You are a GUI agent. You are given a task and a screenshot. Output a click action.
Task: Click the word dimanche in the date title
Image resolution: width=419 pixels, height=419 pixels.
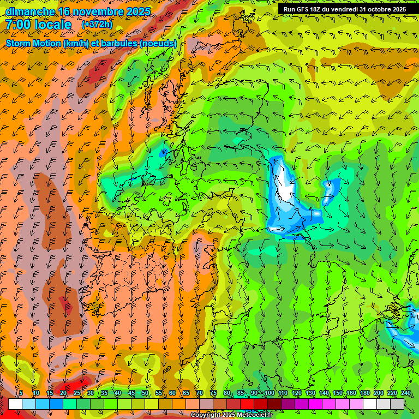[x=29, y=11]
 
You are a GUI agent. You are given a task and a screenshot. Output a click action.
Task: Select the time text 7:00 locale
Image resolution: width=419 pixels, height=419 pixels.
[x=38, y=25]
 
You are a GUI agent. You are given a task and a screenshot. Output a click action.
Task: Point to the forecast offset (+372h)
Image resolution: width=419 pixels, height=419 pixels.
[x=97, y=25]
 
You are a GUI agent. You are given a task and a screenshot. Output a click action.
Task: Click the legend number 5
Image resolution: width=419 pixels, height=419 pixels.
[x=21, y=393]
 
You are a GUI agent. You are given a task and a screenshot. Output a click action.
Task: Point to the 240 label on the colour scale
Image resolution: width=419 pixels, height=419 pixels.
[x=406, y=393]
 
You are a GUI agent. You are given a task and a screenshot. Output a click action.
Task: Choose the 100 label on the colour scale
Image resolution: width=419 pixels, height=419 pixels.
[x=269, y=393]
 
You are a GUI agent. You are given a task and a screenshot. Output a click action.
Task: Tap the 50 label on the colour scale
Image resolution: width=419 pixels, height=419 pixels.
[x=145, y=393]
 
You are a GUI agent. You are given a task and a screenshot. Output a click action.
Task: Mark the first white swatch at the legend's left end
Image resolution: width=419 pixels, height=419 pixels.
[x=15, y=404]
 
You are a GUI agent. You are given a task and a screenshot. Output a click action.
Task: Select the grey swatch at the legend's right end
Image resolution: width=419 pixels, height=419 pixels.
[x=397, y=404]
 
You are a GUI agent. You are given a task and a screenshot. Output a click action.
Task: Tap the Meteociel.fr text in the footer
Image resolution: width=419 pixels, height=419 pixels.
[x=253, y=415]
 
